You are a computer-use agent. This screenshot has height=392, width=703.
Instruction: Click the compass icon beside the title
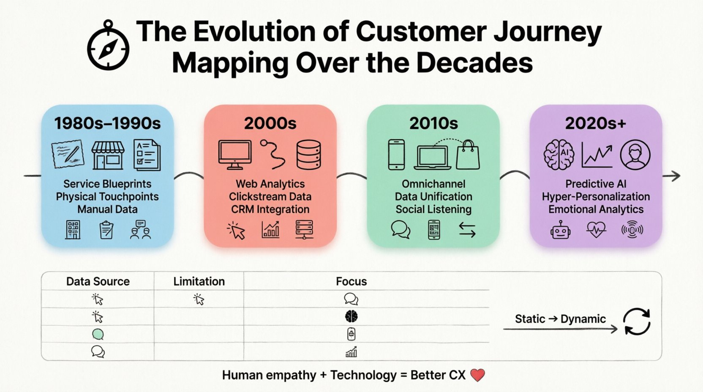tap(108, 47)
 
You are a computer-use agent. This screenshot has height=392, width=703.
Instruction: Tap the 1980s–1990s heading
tap(107, 123)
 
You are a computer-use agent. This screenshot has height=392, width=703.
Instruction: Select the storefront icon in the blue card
tap(108, 155)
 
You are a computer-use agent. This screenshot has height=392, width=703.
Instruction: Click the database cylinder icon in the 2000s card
tap(308, 155)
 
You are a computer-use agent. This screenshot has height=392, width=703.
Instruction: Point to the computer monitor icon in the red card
tap(235, 155)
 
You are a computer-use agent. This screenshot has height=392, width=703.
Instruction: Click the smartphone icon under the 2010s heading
tap(396, 155)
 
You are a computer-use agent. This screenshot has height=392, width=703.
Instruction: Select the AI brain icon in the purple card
tap(559, 155)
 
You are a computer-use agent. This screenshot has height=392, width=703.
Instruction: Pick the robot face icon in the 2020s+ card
tap(561, 230)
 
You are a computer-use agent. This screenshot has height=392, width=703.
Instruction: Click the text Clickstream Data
tap(270, 196)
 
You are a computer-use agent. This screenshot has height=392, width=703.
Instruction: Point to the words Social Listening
tap(433, 209)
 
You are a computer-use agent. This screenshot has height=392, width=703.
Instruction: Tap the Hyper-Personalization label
tap(596, 196)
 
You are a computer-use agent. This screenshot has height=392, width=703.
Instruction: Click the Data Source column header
tap(98, 281)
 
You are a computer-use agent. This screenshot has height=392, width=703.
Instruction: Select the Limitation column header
tap(199, 281)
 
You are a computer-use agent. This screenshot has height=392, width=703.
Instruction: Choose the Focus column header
tap(351, 281)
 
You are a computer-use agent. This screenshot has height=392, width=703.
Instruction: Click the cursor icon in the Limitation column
tap(199, 299)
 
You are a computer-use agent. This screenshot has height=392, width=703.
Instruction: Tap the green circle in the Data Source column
tap(98, 334)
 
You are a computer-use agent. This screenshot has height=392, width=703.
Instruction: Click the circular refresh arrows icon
tap(637, 322)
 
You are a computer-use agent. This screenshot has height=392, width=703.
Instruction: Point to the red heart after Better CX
tap(477, 375)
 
